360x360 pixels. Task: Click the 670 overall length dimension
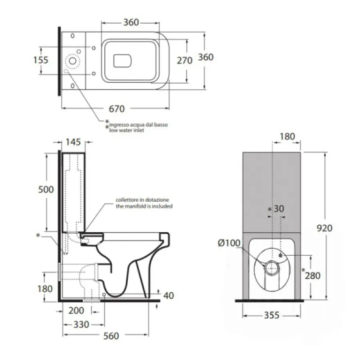(x=117, y=108)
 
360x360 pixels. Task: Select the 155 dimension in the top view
(x=40, y=60)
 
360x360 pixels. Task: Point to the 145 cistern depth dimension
(x=73, y=142)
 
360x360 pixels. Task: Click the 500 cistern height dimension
(x=46, y=189)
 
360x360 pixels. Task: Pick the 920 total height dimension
(x=324, y=228)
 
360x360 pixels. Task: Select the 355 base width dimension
(x=272, y=315)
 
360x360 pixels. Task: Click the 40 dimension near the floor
(x=169, y=296)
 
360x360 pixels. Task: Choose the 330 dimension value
(x=81, y=324)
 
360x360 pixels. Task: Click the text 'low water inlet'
(x=127, y=130)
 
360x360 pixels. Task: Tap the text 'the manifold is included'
(x=144, y=206)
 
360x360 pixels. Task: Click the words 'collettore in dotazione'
(x=142, y=200)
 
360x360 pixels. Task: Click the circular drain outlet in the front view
(x=272, y=266)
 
